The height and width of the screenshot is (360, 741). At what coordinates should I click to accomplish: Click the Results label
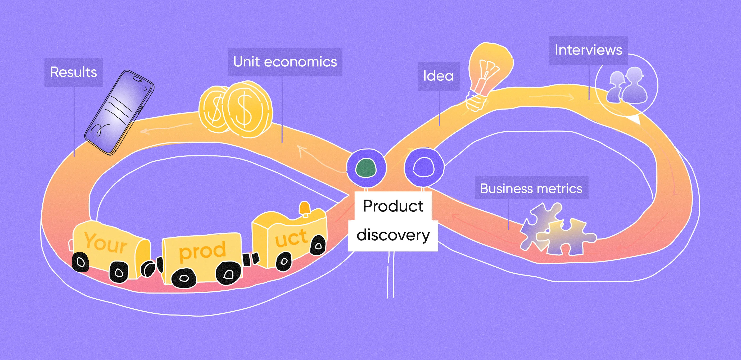[74, 72]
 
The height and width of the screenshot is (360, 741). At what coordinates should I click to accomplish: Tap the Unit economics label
[285, 62]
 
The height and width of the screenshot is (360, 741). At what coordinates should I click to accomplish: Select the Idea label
[439, 76]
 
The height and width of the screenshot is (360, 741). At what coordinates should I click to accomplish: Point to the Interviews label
[588, 50]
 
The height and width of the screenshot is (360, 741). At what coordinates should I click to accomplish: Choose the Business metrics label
[531, 189]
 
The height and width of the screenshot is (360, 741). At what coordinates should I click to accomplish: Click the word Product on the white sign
[393, 206]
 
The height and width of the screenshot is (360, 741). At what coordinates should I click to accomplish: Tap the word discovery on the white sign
[393, 235]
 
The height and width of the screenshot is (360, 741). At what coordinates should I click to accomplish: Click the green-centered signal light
[366, 168]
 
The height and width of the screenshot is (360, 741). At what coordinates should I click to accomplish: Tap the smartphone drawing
[119, 112]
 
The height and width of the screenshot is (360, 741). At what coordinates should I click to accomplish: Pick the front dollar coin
[247, 109]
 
